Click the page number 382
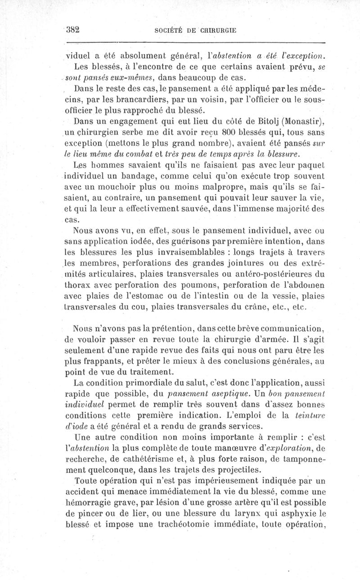coord(72,30)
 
